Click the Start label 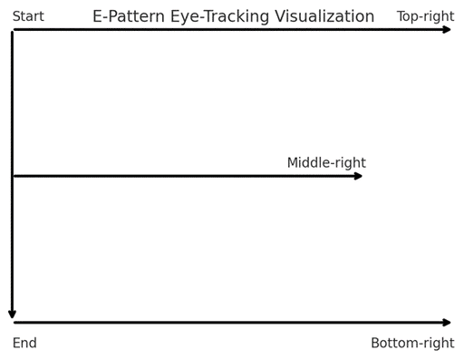click(28, 16)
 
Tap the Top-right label click(425, 16)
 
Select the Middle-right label click(326, 163)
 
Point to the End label click(24, 343)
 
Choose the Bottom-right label click(412, 343)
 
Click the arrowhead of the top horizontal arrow click(447, 30)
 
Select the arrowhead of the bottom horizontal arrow click(447, 322)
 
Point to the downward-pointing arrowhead click(12, 314)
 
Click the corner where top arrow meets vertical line click(12, 30)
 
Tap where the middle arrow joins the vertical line click(12, 176)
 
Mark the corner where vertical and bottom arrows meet click(12, 322)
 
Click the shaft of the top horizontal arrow click(227, 30)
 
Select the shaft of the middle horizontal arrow click(181, 176)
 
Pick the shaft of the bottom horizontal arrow click(227, 322)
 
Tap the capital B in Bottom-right click(375, 343)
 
